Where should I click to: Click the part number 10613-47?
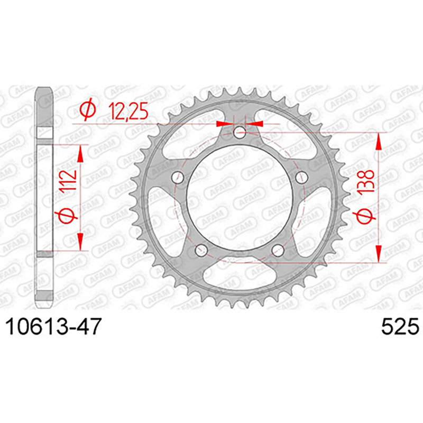point(53,326)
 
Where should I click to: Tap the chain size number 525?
point(400,326)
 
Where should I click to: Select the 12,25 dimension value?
point(128,111)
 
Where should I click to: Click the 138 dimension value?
point(366,181)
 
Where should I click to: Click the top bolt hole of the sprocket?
point(240,132)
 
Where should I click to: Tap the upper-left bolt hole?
point(178,177)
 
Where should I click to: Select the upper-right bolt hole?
point(301,177)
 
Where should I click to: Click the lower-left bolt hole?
point(201,250)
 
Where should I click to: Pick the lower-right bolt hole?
point(278,250)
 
